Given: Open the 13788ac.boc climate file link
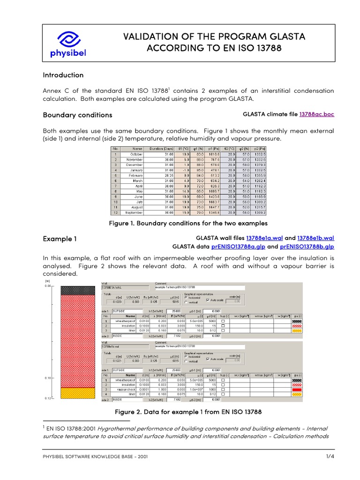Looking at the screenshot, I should pyautogui.click(x=316, y=114).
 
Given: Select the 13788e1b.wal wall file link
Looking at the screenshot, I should pyautogui.click(x=316, y=238).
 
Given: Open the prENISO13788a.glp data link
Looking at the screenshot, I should pyautogui.click(x=237, y=246).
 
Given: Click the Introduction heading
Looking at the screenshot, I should pyautogui.click(x=63, y=75).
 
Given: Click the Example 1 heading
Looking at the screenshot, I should pyautogui.click(x=60, y=239).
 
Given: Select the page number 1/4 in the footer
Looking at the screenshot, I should pyautogui.click(x=330, y=456).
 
